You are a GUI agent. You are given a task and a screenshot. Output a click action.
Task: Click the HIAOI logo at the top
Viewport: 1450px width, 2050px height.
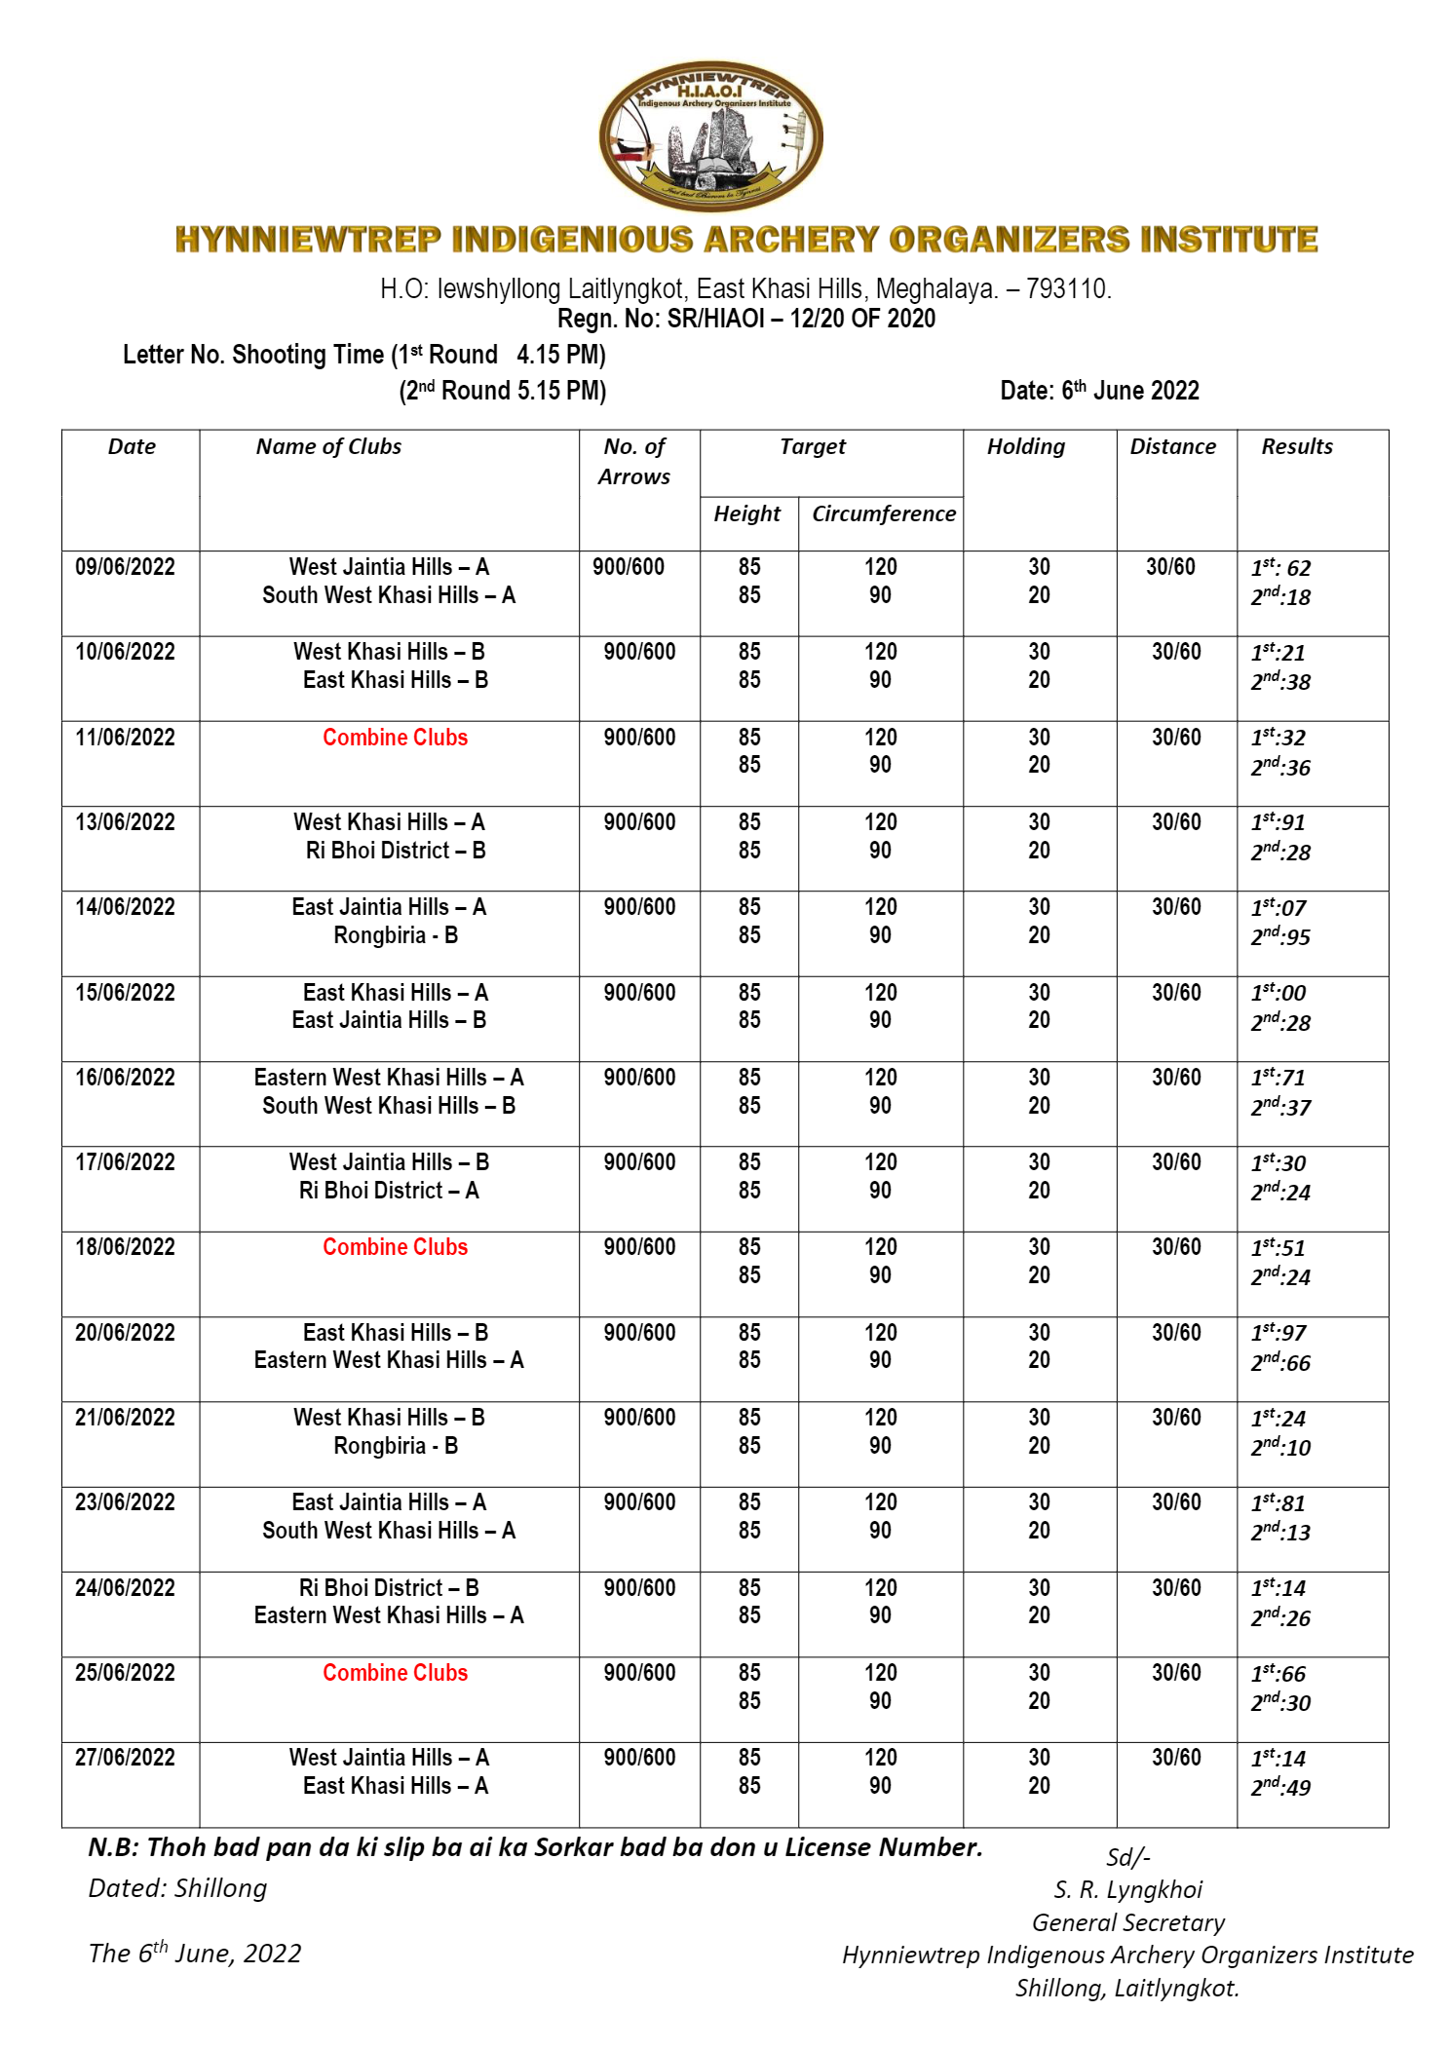coord(710,136)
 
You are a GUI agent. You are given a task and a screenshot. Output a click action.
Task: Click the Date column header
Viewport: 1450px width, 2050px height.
coord(132,446)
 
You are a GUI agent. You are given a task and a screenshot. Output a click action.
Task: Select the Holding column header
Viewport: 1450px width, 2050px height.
coord(1025,446)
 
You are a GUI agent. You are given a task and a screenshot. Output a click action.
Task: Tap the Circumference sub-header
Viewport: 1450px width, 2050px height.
coord(883,513)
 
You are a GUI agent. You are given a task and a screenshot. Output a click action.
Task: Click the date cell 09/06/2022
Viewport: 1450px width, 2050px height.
coord(125,567)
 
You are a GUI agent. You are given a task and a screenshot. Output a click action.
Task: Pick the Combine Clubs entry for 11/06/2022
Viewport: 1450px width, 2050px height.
coord(395,738)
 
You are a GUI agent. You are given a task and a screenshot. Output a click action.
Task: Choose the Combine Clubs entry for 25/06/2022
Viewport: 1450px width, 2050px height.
coord(395,1673)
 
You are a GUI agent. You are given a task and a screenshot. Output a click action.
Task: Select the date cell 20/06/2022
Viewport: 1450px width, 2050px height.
coord(125,1333)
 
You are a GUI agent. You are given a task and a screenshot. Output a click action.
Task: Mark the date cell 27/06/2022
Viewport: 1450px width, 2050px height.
coord(125,1758)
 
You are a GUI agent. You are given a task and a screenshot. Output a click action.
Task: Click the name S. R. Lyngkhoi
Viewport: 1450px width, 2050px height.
coord(1127,1890)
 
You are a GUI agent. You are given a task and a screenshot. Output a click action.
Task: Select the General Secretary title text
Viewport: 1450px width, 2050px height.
coord(1127,1922)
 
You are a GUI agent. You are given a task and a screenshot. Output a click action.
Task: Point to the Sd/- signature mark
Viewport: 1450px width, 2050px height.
coord(1127,1857)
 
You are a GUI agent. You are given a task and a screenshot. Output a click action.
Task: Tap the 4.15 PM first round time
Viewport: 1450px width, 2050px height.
coord(560,355)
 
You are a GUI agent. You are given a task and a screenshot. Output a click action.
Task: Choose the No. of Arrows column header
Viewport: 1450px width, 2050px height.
coord(634,462)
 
